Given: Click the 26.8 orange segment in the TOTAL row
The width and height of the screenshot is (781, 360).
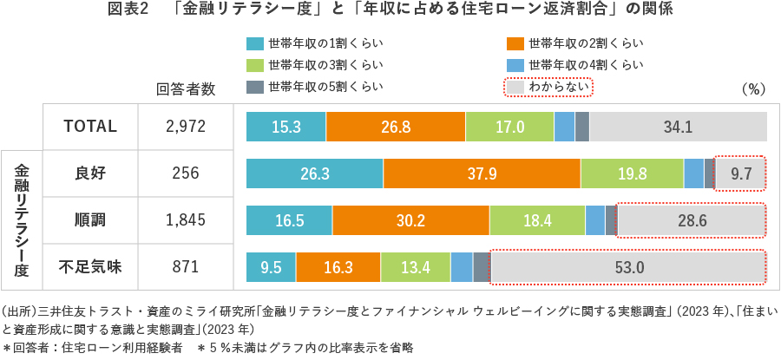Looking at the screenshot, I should click(395, 127).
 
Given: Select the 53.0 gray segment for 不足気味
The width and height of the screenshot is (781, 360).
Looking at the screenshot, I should click(628, 267).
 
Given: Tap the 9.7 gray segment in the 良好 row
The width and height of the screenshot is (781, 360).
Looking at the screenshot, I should click(740, 173).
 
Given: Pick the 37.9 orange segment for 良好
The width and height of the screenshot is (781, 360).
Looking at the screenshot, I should click(482, 173).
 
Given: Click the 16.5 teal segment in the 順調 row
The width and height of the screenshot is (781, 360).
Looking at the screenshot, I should click(289, 220).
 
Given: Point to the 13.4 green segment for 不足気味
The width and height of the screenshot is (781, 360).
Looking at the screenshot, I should click(415, 267).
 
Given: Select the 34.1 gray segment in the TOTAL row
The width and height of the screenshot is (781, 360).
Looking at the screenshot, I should click(678, 127).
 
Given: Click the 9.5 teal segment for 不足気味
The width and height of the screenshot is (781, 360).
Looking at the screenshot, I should click(271, 267).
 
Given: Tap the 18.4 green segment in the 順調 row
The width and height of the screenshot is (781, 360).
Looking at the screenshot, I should click(537, 220).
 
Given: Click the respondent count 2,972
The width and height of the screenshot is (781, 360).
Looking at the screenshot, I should click(185, 127).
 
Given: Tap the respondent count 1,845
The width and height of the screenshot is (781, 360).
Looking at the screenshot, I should click(185, 220).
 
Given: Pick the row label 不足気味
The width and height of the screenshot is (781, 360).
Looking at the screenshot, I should click(90, 267).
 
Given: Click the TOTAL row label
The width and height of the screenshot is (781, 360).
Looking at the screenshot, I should click(90, 127).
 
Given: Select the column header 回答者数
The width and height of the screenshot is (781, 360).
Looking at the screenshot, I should click(185, 88).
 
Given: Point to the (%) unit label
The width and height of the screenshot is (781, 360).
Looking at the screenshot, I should click(751, 88).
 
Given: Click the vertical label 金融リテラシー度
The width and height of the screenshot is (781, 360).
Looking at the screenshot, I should click(22, 220).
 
